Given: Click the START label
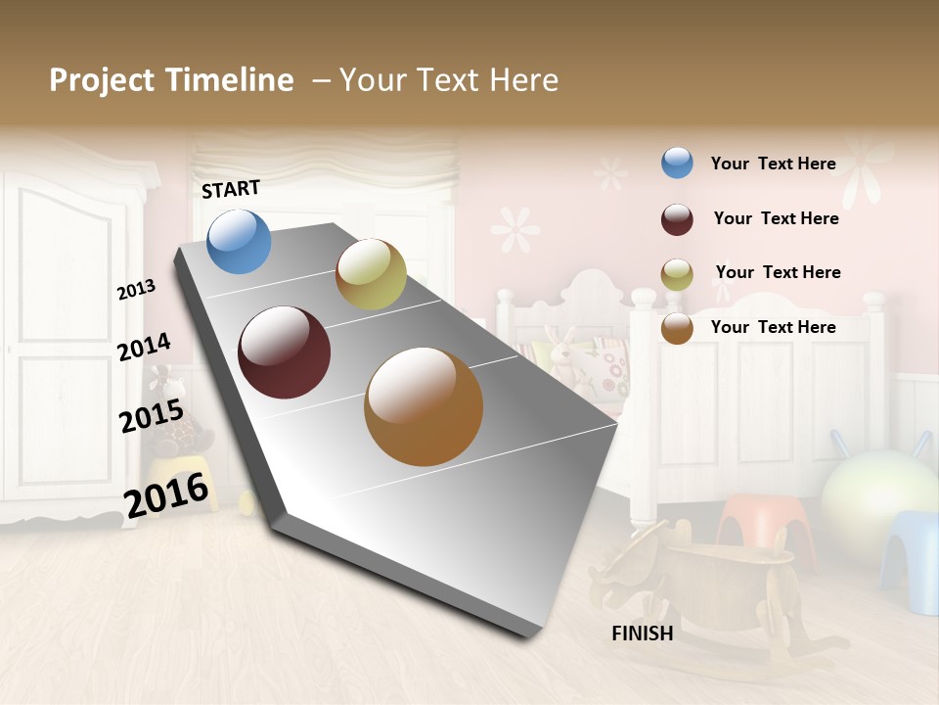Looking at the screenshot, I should point(231,189).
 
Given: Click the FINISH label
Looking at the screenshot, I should point(643,634).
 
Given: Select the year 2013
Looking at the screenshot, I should point(136,290).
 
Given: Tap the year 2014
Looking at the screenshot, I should point(144,347).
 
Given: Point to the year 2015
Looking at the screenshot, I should point(152,416).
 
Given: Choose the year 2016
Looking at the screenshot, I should point(167,493).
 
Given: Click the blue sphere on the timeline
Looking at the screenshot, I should point(239,241).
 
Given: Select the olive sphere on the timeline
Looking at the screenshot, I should point(371,274).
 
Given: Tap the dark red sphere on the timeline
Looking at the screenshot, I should point(284,352).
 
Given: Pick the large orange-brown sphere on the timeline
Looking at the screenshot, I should point(424,406).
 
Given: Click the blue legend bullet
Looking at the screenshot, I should point(677,163).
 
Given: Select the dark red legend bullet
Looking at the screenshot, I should point(677,219).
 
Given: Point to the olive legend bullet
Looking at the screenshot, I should point(677,274).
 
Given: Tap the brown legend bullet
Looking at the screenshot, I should point(677,328).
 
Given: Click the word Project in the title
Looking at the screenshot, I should point(101,80).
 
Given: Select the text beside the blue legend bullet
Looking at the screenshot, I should point(773,164).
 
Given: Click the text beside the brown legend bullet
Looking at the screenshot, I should point(773,327).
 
